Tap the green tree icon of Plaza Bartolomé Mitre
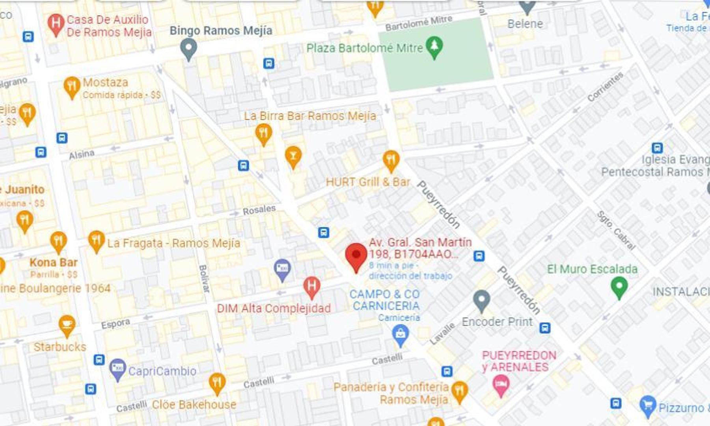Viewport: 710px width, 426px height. pyautogui.click(x=434, y=47)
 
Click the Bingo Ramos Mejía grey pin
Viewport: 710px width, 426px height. pyautogui.click(x=188, y=48)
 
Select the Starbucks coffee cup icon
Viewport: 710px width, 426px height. pyautogui.click(x=67, y=325)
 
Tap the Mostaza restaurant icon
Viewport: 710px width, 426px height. pyautogui.click(x=72, y=86)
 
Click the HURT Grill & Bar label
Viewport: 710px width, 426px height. pyautogui.click(x=368, y=182)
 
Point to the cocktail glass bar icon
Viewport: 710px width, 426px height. pyautogui.click(x=293, y=156)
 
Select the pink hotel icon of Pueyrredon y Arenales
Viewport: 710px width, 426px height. pyautogui.click(x=501, y=384)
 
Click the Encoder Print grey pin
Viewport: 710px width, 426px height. pyautogui.click(x=481, y=300)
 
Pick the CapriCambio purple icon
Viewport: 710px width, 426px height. pyautogui.click(x=117, y=369)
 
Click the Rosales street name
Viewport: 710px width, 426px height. pyautogui.click(x=259, y=210)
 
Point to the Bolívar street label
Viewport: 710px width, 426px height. pyautogui.click(x=203, y=278)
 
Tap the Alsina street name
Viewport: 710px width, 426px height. pyautogui.click(x=82, y=154)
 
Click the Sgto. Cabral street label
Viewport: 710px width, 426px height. pyautogui.click(x=616, y=230)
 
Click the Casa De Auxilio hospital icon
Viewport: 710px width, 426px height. pyautogui.click(x=56, y=24)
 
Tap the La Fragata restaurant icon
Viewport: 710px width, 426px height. pyautogui.click(x=96, y=241)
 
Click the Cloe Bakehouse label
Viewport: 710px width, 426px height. pyautogui.click(x=194, y=405)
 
